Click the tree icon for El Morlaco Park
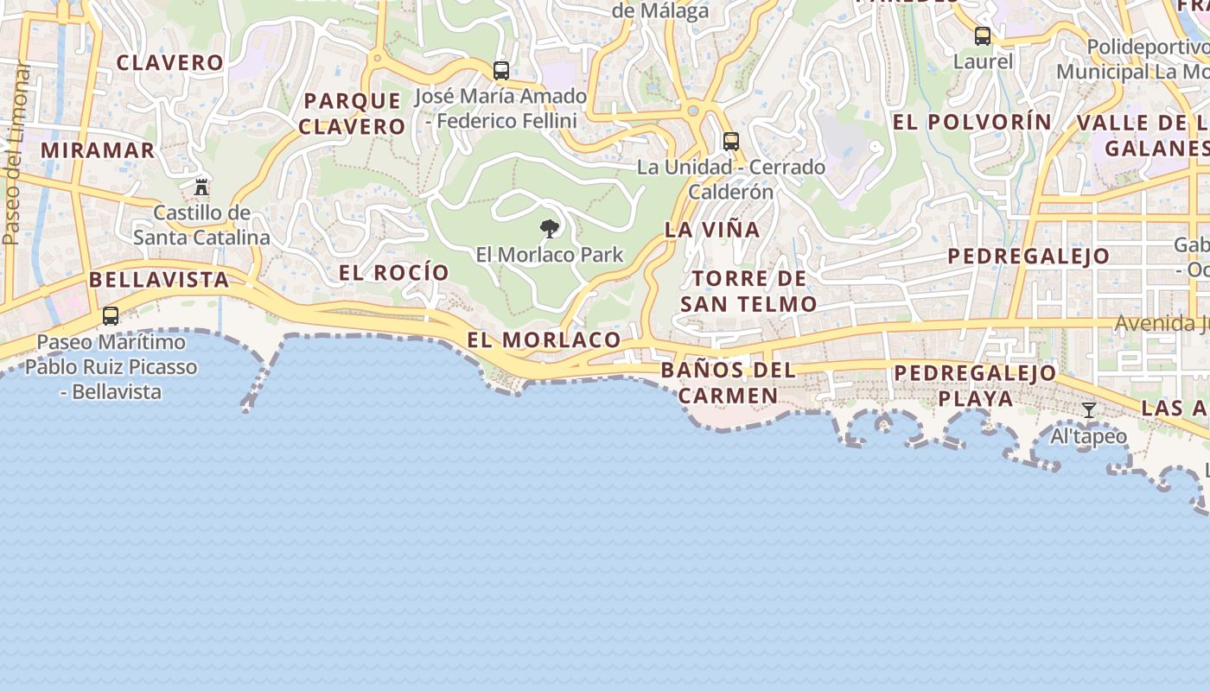coord(549,229)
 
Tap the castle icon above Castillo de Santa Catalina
coord(201,187)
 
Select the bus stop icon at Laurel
coord(983,36)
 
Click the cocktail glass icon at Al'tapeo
coord(1089,410)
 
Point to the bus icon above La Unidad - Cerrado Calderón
coord(731,141)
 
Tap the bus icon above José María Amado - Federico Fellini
coord(501,71)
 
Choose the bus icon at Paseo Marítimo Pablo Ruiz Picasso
coord(111,316)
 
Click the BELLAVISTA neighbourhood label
coord(159,280)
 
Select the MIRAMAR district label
coord(98,150)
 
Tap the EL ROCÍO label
coord(394,273)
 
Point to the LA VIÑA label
coord(712,230)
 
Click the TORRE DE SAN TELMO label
coord(748,291)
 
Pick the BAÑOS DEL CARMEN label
coord(728,383)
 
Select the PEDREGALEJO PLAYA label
coord(975,385)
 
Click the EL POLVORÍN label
coord(972,123)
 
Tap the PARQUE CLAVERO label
coord(353,113)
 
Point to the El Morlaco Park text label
coord(550,255)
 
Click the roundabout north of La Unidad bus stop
coord(692,111)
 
